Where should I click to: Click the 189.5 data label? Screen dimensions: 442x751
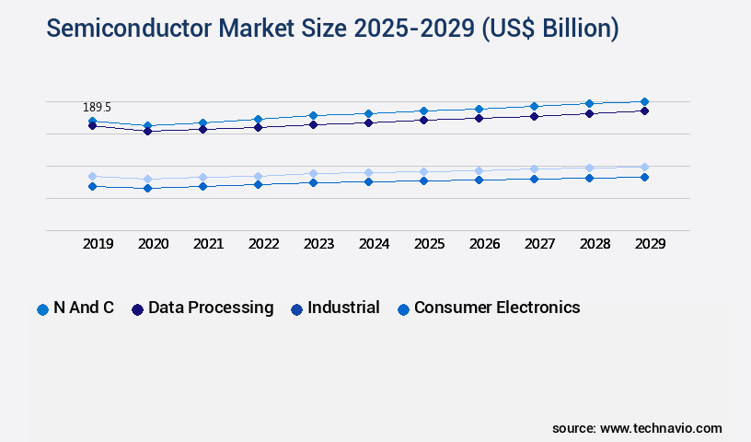[97, 108]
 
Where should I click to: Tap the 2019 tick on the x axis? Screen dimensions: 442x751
[98, 244]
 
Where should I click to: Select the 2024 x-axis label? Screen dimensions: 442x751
[374, 244]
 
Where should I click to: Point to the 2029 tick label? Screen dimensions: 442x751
[650, 244]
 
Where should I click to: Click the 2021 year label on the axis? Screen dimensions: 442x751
[208, 244]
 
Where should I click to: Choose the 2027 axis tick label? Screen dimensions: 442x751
[539, 244]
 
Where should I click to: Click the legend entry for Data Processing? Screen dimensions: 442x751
[211, 308]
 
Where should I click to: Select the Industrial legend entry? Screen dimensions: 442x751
[343, 308]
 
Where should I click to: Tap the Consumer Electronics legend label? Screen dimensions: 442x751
[497, 308]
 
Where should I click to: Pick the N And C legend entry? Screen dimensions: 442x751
[84, 308]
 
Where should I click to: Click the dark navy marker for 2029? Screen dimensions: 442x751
[644, 110]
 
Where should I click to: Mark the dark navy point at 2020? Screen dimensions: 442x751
[147, 131]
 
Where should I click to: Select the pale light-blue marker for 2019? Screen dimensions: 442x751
[92, 176]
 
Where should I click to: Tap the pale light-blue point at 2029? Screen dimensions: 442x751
[644, 167]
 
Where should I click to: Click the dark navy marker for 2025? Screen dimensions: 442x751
[423, 120]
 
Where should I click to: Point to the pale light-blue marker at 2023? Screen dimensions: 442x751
[313, 173]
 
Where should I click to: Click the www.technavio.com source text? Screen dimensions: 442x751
[661, 428]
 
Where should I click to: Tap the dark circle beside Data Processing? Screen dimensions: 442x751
[137, 309]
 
